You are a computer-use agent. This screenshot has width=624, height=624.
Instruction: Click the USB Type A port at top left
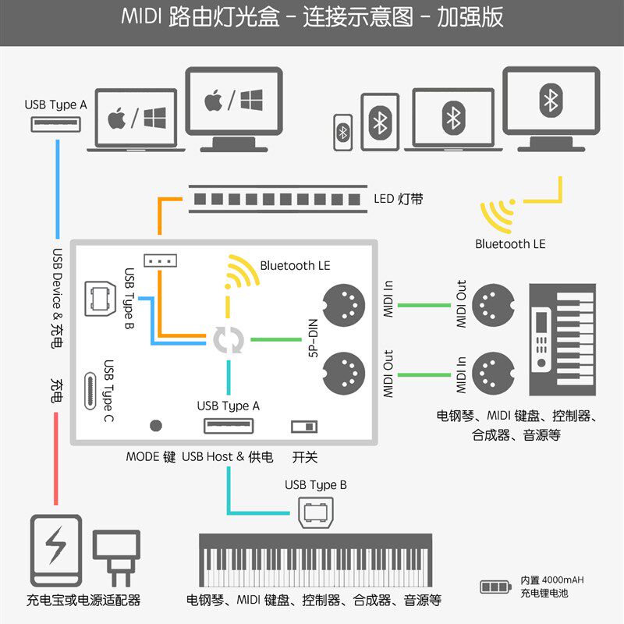56,124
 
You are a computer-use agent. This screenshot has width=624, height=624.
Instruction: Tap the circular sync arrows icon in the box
229,340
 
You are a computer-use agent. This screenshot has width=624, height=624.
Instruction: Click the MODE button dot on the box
156,426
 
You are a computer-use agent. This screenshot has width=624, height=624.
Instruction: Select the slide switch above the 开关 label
304,426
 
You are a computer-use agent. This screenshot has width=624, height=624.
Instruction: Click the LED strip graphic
278,199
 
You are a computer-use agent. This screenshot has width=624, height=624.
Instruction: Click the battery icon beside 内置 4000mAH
494,587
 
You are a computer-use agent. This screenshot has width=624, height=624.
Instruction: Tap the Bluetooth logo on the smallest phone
343,133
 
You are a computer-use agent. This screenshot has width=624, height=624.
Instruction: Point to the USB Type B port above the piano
316,512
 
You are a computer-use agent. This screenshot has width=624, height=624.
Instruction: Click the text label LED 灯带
399,199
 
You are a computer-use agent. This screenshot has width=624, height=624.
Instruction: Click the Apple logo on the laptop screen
117,119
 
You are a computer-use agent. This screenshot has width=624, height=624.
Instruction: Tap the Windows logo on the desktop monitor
251,100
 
